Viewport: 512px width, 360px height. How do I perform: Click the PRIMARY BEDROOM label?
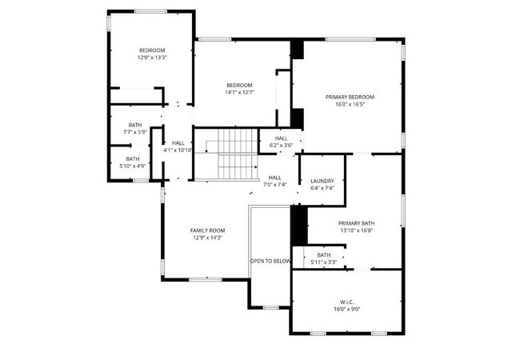point(350,97)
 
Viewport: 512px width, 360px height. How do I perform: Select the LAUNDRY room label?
point(322,181)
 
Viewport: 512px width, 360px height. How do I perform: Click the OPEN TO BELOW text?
point(270,261)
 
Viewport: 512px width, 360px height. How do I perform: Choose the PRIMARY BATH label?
point(356,222)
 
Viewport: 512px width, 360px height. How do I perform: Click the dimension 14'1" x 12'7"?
point(239,93)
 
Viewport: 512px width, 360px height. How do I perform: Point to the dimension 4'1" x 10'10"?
point(178,150)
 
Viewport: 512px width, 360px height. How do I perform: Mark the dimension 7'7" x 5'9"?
point(135,132)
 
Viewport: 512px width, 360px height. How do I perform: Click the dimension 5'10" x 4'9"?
point(133,166)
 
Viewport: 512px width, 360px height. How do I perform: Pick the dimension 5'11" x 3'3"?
point(323,262)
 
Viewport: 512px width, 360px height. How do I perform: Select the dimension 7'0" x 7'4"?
point(275,185)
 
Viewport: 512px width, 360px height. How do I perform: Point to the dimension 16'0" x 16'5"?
point(350,104)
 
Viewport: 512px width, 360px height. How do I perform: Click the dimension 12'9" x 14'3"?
point(207,238)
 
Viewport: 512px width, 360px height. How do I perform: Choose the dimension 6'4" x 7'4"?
point(322,189)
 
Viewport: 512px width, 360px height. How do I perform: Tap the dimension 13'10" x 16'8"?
point(356,230)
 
